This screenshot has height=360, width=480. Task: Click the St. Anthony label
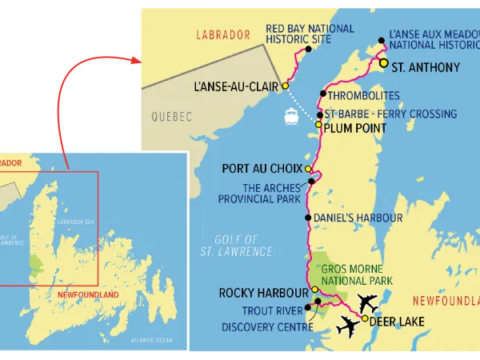(x=426, y=67)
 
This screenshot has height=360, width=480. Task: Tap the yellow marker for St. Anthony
(x=384, y=62)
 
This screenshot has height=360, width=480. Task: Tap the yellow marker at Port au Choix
(x=309, y=169)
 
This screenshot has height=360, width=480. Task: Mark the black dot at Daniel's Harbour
(x=309, y=218)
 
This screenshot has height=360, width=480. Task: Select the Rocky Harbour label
(x=263, y=293)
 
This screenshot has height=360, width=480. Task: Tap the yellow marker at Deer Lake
(x=366, y=318)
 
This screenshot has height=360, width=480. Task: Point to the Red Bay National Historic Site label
(x=310, y=34)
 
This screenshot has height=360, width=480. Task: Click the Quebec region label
(x=172, y=117)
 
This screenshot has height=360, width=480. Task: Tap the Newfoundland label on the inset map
(x=84, y=294)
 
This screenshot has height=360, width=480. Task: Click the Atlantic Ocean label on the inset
(x=152, y=341)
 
